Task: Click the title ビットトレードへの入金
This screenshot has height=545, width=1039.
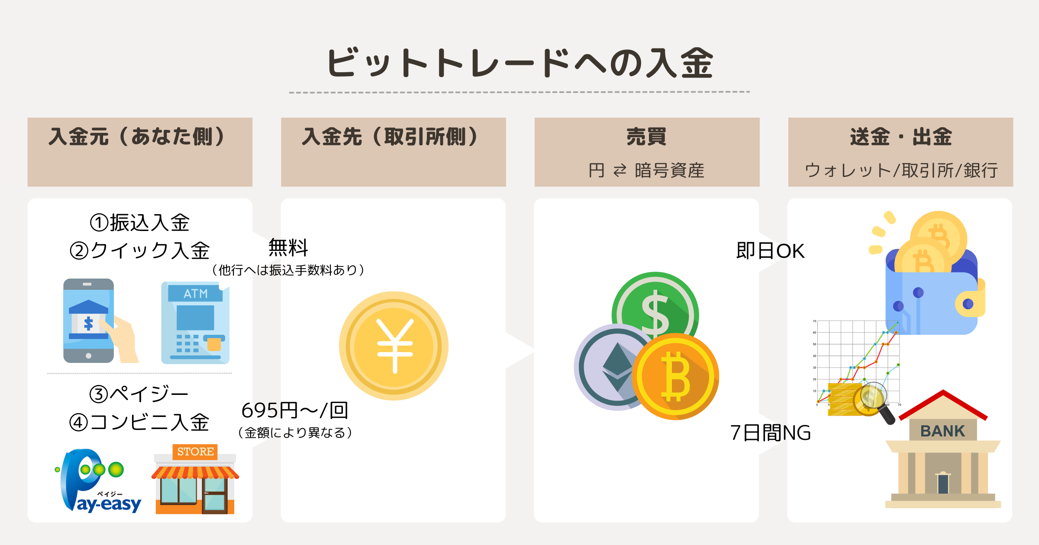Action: (519, 63)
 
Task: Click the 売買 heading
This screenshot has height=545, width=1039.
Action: (646, 137)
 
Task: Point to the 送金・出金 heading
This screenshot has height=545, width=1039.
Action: (900, 137)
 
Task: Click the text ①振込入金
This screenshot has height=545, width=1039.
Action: (139, 223)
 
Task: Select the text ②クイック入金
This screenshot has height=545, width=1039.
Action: (139, 250)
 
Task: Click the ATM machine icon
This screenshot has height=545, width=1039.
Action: (195, 323)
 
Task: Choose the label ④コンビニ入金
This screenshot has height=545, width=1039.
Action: (139, 422)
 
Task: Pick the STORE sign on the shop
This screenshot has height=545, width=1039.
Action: (195, 452)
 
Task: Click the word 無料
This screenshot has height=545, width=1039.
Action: (288, 248)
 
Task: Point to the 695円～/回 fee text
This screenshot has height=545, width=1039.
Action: (295, 410)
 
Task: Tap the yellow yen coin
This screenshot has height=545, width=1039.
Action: (394, 346)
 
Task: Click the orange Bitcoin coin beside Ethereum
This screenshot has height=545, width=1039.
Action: (675, 376)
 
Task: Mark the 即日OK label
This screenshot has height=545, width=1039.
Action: (770, 251)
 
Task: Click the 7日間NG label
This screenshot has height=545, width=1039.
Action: (770, 433)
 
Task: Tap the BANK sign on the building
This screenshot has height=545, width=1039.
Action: (942, 431)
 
